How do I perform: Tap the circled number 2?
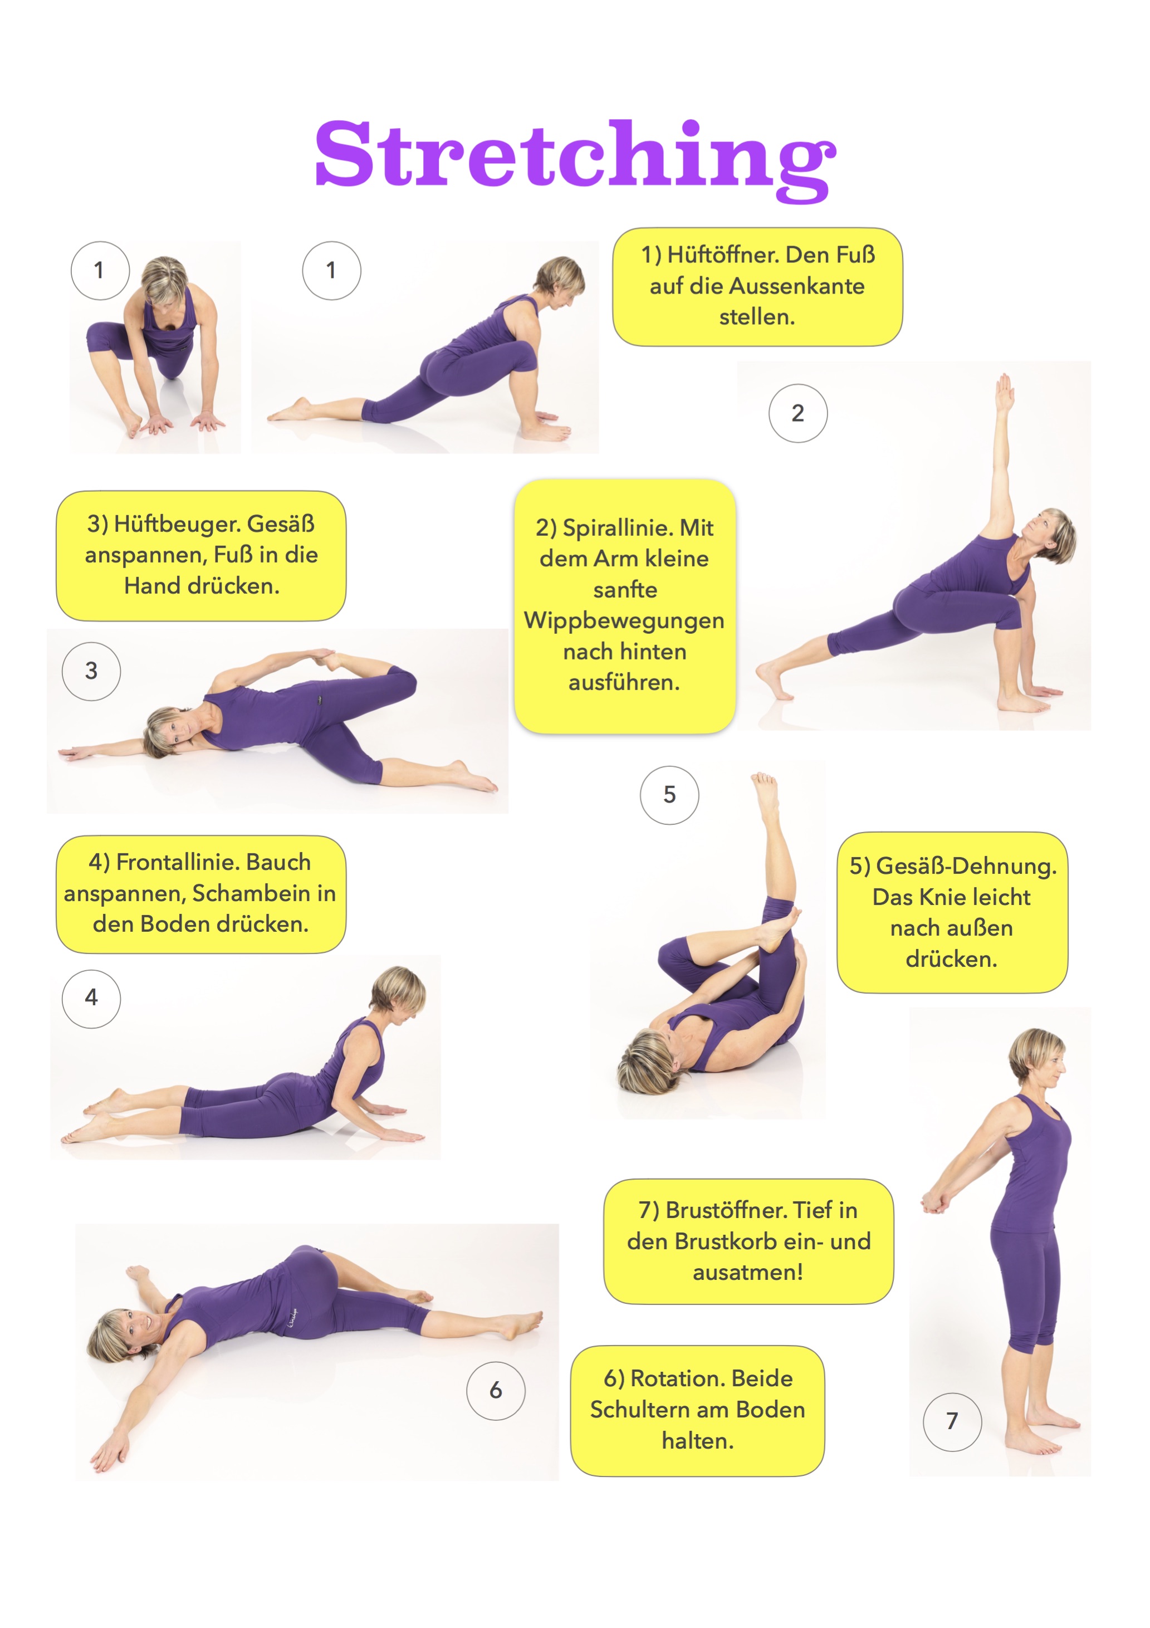click(x=797, y=413)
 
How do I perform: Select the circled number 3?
click(x=91, y=671)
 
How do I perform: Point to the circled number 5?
click(x=669, y=795)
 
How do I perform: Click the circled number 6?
click(x=496, y=1391)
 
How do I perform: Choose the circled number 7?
click(x=952, y=1422)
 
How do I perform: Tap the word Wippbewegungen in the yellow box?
click(x=624, y=620)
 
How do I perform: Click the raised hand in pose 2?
click(x=1004, y=392)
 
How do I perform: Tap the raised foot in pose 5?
click(x=765, y=795)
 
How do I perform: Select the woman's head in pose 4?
click(x=398, y=995)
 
